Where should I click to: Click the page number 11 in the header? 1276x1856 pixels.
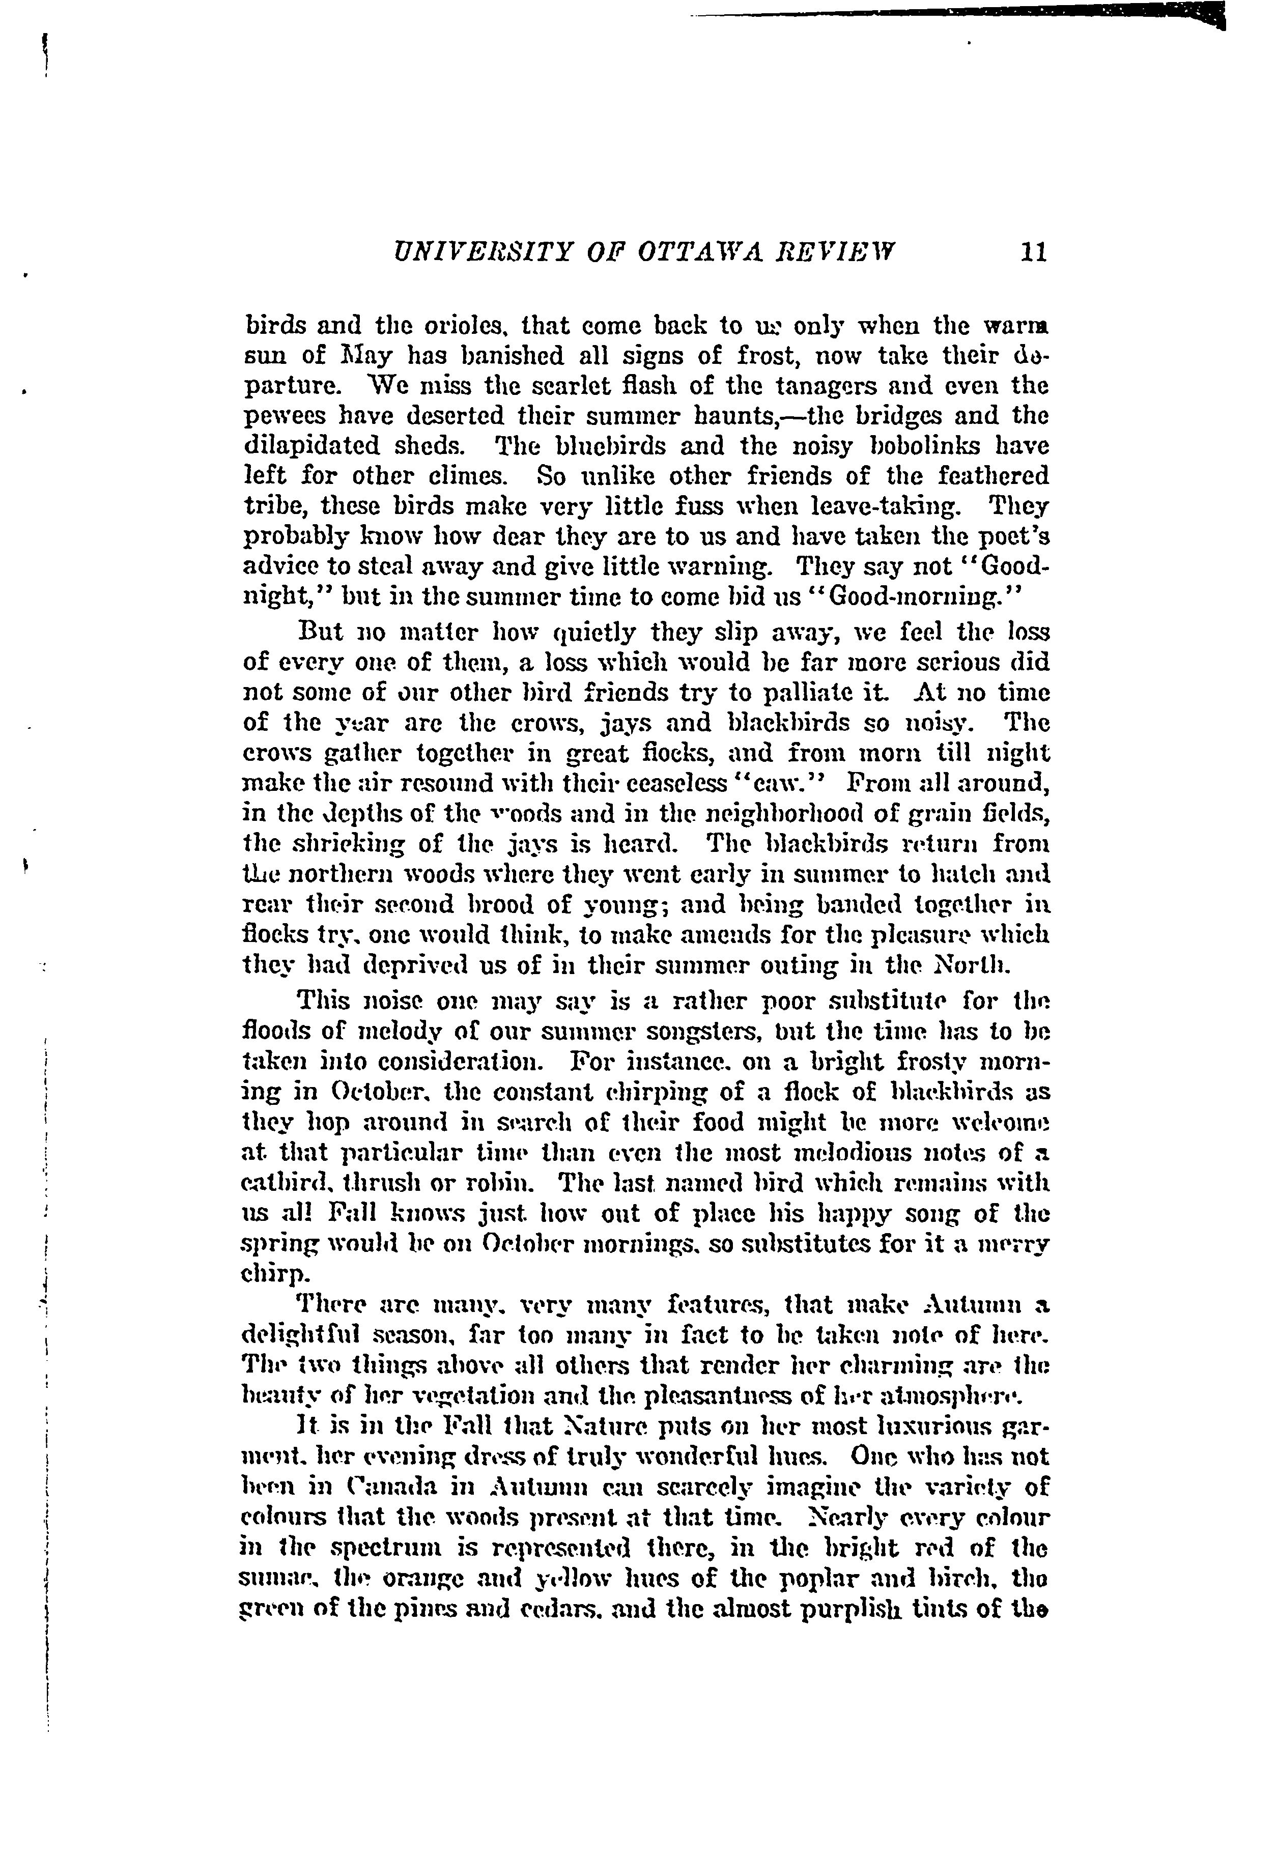1033,252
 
